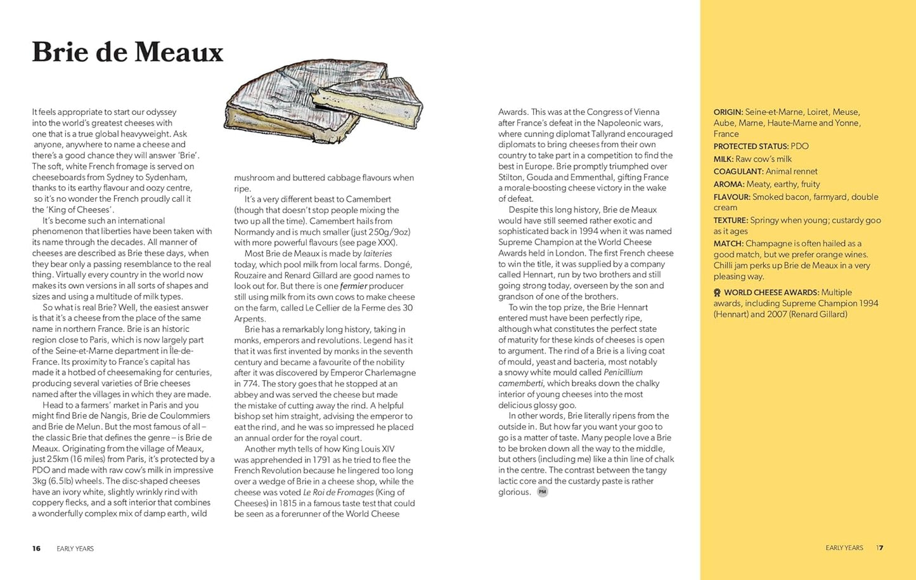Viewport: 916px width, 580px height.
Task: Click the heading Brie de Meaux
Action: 127,52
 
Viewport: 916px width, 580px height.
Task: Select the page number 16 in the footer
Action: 36,548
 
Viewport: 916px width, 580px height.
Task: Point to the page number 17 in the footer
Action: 880,548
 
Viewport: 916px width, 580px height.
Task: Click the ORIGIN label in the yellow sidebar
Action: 728,112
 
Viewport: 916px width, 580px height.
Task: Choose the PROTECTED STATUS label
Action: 751,147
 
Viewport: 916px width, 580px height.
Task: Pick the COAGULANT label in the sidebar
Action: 739,172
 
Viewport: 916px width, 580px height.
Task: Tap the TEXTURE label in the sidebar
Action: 731,221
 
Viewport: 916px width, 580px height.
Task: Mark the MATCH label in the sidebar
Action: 728,244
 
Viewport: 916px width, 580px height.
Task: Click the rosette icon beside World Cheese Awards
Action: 717,293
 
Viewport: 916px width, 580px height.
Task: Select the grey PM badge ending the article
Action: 542,492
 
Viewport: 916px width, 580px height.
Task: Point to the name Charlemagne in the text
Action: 389,373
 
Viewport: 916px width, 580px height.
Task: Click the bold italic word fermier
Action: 354,286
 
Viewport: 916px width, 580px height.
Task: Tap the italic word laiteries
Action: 378,254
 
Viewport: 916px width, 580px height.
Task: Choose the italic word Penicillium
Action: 623,372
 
